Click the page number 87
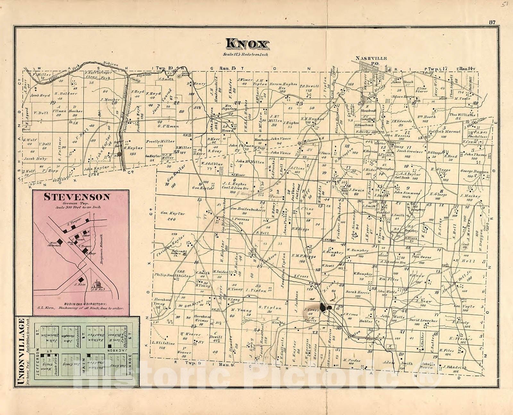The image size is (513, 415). click(x=492, y=22)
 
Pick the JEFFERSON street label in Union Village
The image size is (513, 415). click(x=37, y=363)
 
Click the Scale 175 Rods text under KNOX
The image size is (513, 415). click(x=246, y=54)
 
